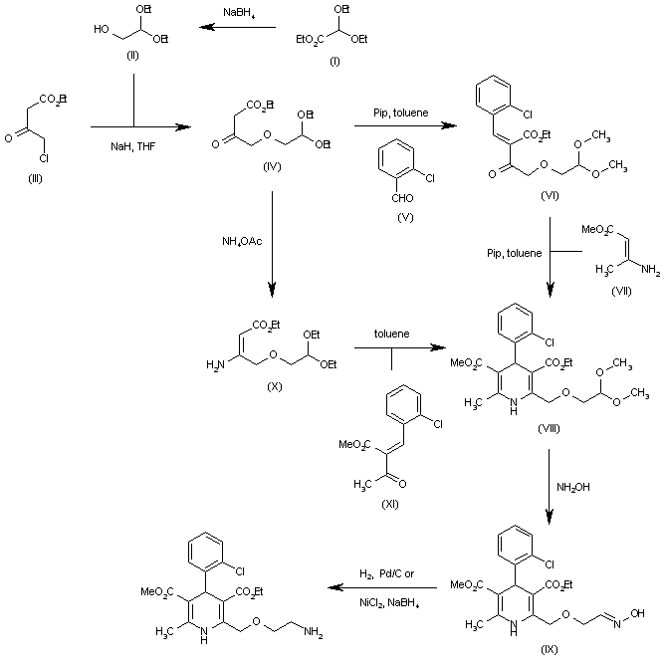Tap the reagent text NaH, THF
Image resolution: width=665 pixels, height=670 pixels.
click(133, 145)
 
